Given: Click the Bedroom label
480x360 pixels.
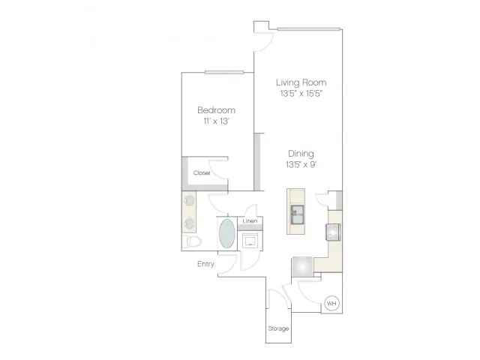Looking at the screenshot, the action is (217, 110).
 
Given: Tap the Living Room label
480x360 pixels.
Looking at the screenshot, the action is (301, 82).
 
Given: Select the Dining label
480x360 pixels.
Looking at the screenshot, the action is (301, 154).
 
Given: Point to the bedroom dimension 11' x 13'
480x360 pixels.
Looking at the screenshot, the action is (217, 121).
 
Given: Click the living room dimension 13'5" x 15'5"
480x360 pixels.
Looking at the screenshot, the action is (301, 93).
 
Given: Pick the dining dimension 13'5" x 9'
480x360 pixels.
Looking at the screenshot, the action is (301, 165).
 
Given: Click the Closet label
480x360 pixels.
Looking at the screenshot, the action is (202, 173).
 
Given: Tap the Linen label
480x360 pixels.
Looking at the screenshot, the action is (250, 221).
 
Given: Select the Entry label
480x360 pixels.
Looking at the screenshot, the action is (205, 264).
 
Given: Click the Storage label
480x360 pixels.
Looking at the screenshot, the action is (278, 328).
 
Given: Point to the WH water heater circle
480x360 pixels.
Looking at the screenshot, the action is (331, 303).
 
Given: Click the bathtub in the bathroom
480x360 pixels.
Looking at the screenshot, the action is (227, 233).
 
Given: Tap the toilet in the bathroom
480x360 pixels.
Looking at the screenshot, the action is (192, 241).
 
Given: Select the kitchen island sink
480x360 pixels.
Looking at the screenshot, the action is (297, 215).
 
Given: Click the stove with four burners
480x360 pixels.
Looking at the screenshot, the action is (333, 232).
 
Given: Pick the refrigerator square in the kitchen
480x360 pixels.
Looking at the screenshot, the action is (302, 267).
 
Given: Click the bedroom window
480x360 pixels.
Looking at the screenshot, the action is (224, 73).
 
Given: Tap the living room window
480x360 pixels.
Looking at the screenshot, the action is (308, 29).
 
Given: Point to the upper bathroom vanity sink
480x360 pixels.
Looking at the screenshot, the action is (189, 201).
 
